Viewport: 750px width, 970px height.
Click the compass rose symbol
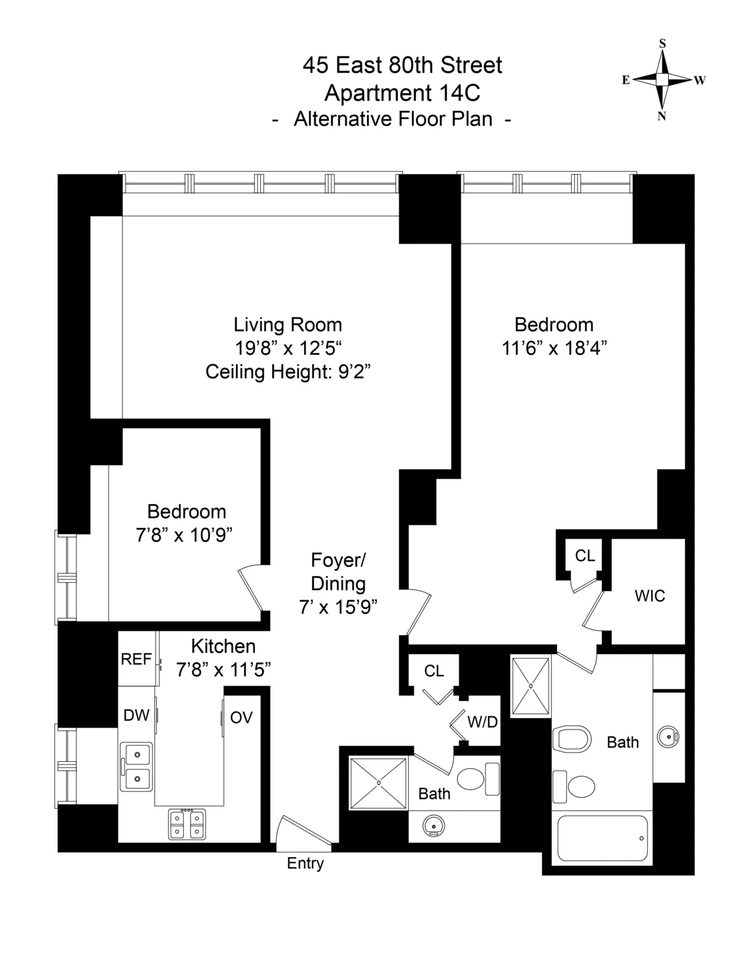pos(662,80)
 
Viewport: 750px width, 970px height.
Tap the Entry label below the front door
pos(305,863)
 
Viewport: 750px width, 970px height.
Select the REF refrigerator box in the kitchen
pos(137,659)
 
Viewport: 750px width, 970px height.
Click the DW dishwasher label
pos(136,715)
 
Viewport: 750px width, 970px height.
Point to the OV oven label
pos(241,718)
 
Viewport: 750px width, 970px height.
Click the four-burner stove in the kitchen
pos(187,824)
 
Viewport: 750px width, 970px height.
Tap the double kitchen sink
pos(136,766)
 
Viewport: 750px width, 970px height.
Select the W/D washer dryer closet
pos(482,722)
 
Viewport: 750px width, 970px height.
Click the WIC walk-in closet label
pos(649,596)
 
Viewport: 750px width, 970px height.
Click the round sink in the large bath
pos(669,738)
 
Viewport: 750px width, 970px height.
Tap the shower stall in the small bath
pos(378,783)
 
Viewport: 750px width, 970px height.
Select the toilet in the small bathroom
pos(478,779)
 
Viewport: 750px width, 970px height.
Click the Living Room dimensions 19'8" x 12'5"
pos(287,348)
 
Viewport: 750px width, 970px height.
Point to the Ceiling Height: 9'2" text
pos(288,372)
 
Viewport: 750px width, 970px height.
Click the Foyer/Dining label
pos(338,572)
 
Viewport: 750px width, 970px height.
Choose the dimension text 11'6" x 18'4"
pos(554,348)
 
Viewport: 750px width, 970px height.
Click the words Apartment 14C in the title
pos(402,93)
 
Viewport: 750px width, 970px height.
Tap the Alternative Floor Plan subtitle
pos(393,119)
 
